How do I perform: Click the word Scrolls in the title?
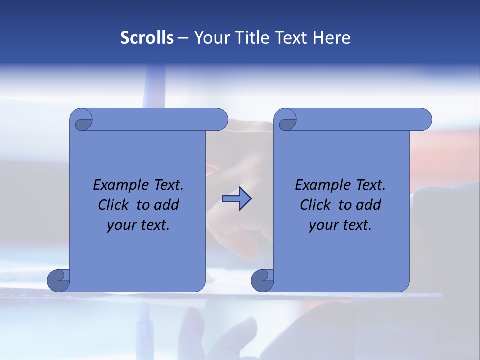point(147,38)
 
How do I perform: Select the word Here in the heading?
point(332,38)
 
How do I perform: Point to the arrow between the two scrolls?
point(236,199)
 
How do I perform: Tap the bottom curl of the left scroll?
point(59,280)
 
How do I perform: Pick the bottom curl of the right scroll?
point(263,280)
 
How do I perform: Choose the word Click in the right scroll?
point(314,205)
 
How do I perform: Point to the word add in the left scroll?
point(167,205)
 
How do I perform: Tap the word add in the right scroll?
point(369,205)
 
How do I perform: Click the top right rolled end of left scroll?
point(220,120)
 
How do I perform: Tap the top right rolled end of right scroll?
point(424,120)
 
